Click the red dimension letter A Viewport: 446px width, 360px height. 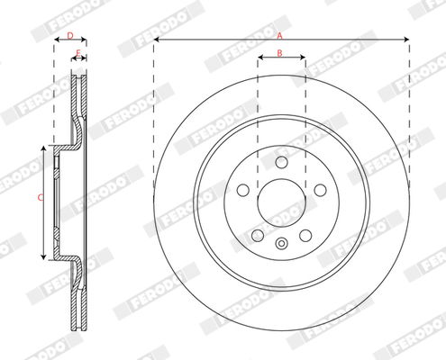[279, 36]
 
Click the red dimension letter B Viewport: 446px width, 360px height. [279, 53]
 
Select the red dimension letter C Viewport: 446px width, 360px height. [41, 198]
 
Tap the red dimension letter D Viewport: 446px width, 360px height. [70, 36]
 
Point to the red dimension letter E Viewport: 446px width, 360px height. [78, 53]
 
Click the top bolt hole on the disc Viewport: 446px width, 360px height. [282, 162]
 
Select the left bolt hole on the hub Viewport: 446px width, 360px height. [243, 190]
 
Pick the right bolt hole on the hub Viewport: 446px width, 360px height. [321, 190]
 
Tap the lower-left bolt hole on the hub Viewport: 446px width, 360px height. [258, 236]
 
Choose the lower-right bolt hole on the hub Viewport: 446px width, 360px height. [305, 236]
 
